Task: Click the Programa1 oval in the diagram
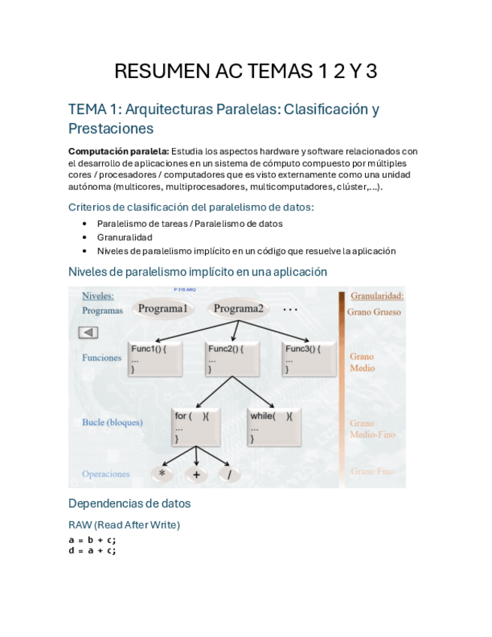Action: click(x=162, y=309)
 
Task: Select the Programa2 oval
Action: click(x=239, y=309)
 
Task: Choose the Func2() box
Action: click(x=232, y=359)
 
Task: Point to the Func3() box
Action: click(x=309, y=359)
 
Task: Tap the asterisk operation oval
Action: click(x=162, y=475)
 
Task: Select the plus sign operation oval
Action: click(x=197, y=475)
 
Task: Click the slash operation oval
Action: click(x=229, y=475)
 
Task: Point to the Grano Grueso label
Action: click(x=374, y=312)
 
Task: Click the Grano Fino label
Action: click(x=373, y=472)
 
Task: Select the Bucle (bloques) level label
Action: click(x=112, y=422)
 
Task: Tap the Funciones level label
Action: click(x=101, y=358)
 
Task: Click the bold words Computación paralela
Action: click(x=119, y=151)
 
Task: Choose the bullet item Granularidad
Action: click(x=125, y=237)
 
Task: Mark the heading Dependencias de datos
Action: click(x=129, y=503)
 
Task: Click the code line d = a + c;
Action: click(x=92, y=550)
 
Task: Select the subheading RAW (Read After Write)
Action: click(x=124, y=524)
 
